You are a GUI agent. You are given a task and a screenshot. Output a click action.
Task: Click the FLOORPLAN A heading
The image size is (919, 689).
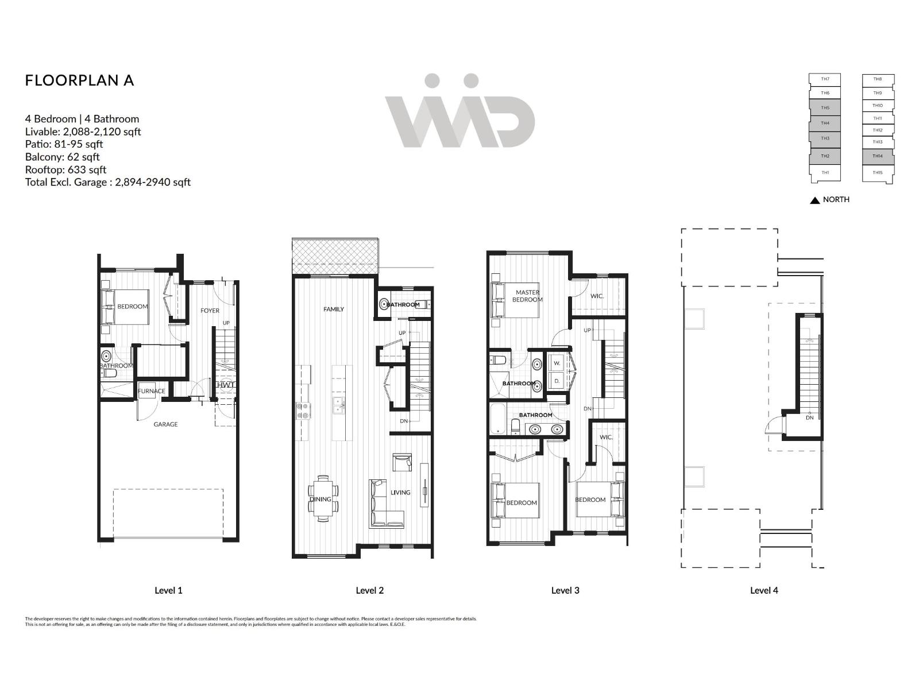click(79, 80)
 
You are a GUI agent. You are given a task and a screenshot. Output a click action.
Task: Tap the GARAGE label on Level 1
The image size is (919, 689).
click(165, 424)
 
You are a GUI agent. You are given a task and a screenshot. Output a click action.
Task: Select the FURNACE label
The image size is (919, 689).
click(152, 391)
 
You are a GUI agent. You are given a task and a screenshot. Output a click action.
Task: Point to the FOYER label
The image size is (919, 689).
click(210, 311)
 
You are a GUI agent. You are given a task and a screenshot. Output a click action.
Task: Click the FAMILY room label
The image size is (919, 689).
click(333, 309)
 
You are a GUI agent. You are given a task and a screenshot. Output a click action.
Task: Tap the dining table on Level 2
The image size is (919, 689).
click(323, 498)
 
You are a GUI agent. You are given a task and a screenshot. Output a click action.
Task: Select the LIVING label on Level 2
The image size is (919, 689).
click(400, 492)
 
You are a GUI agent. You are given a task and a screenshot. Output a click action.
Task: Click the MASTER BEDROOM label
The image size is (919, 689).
click(527, 296)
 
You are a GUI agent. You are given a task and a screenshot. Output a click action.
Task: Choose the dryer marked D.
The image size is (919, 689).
click(557, 381)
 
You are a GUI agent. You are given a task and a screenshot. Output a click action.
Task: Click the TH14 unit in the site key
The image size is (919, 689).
click(877, 156)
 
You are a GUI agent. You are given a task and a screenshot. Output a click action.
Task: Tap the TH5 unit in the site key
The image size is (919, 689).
click(825, 108)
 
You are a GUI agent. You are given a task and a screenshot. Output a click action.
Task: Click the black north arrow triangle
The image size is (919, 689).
click(814, 200)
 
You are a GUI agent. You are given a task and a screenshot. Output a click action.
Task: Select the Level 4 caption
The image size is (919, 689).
click(764, 590)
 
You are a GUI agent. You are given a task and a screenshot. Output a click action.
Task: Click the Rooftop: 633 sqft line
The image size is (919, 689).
click(65, 169)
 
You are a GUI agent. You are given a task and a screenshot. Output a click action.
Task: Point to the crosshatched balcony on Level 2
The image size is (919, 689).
click(335, 257)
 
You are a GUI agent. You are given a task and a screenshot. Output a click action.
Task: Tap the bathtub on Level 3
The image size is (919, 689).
click(497, 419)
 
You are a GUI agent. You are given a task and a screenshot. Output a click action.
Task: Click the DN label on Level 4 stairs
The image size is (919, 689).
click(809, 417)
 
